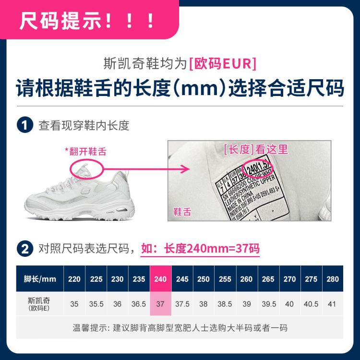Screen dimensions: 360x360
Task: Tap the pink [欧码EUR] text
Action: point(223,63)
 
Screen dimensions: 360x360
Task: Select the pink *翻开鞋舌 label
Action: point(85,152)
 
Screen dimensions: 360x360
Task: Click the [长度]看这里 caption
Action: point(256,149)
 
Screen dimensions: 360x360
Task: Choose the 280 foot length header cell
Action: point(332,279)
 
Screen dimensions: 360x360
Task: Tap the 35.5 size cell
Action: point(96,304)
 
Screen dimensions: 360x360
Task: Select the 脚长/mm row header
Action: point(40,279)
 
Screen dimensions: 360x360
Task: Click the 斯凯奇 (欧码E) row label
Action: point(40,304)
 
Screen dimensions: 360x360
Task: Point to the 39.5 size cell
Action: point(268,304)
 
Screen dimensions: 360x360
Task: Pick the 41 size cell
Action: point(332,304)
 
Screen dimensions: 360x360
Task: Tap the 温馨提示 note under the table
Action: point(180,328)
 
